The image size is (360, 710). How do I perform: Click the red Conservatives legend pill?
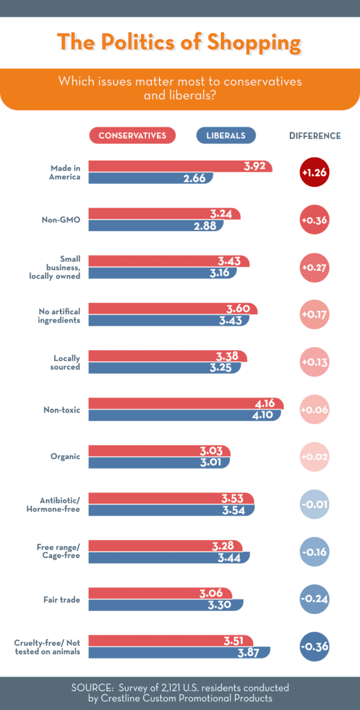tap(132, 135)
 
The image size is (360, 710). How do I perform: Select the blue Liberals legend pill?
tap(225, 135)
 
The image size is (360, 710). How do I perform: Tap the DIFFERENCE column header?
tap(315, 136)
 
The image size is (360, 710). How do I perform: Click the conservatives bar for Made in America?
tap(180, 166)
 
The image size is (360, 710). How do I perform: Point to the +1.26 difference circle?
tap(314, 172)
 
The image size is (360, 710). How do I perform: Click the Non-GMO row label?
tap(61, 220)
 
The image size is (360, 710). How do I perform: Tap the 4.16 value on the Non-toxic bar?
tap(265, 404)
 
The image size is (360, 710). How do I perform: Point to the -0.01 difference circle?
tap(314, 504)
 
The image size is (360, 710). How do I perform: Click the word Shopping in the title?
tap(254, 42)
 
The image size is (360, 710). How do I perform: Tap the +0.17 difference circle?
tap(314, 314)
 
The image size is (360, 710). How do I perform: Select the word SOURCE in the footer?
tap(94, 687)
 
